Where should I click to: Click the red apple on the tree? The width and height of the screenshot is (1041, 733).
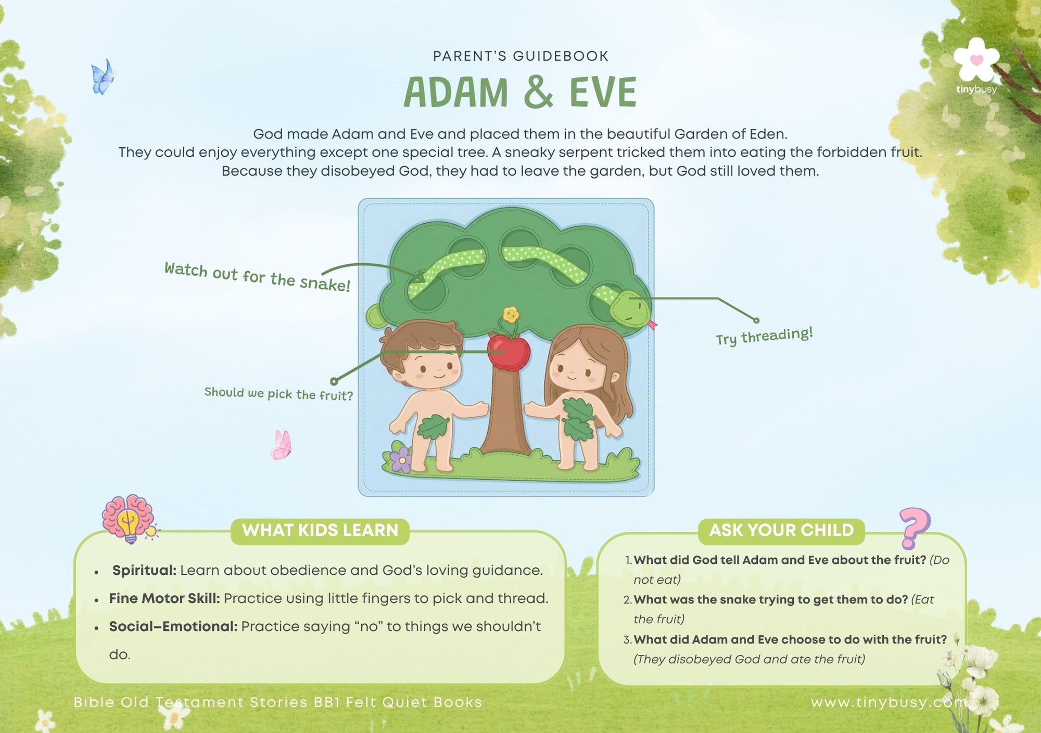coord(509,352)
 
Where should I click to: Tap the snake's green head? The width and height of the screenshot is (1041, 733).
coord(630,308)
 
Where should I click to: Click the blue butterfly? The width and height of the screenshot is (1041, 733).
coord(103,77)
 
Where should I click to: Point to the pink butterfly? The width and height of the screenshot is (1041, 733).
coord(282,445)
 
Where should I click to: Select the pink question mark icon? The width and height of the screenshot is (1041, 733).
coord(915,529)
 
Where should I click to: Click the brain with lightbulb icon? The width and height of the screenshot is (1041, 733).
coord(129,519)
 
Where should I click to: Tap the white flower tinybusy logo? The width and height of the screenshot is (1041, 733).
coord(977,60)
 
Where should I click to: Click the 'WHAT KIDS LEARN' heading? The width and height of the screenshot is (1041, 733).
coord(320,530)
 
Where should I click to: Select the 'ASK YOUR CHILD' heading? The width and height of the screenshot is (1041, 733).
coord(781,530)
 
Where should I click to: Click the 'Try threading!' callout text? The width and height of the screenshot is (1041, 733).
coord(764,336)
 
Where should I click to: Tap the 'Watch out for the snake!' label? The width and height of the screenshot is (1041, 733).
coord(257,277)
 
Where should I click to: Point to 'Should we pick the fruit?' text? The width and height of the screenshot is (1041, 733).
coord(278,394)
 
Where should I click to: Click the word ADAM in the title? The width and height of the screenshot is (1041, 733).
coord(456,93)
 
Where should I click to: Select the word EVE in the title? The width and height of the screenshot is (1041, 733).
coord(603,93)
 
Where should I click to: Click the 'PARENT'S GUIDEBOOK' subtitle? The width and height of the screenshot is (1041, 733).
coord(520,56)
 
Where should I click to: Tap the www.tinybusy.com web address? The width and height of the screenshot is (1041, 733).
coord(889,703)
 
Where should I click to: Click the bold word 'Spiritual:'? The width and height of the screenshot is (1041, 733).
coord(144,571)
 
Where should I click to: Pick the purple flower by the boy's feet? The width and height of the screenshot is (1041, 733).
coord(401,459)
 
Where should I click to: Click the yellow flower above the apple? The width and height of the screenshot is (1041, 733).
coord(511,314)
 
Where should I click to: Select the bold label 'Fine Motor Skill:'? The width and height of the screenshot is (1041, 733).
coord(164,599)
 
